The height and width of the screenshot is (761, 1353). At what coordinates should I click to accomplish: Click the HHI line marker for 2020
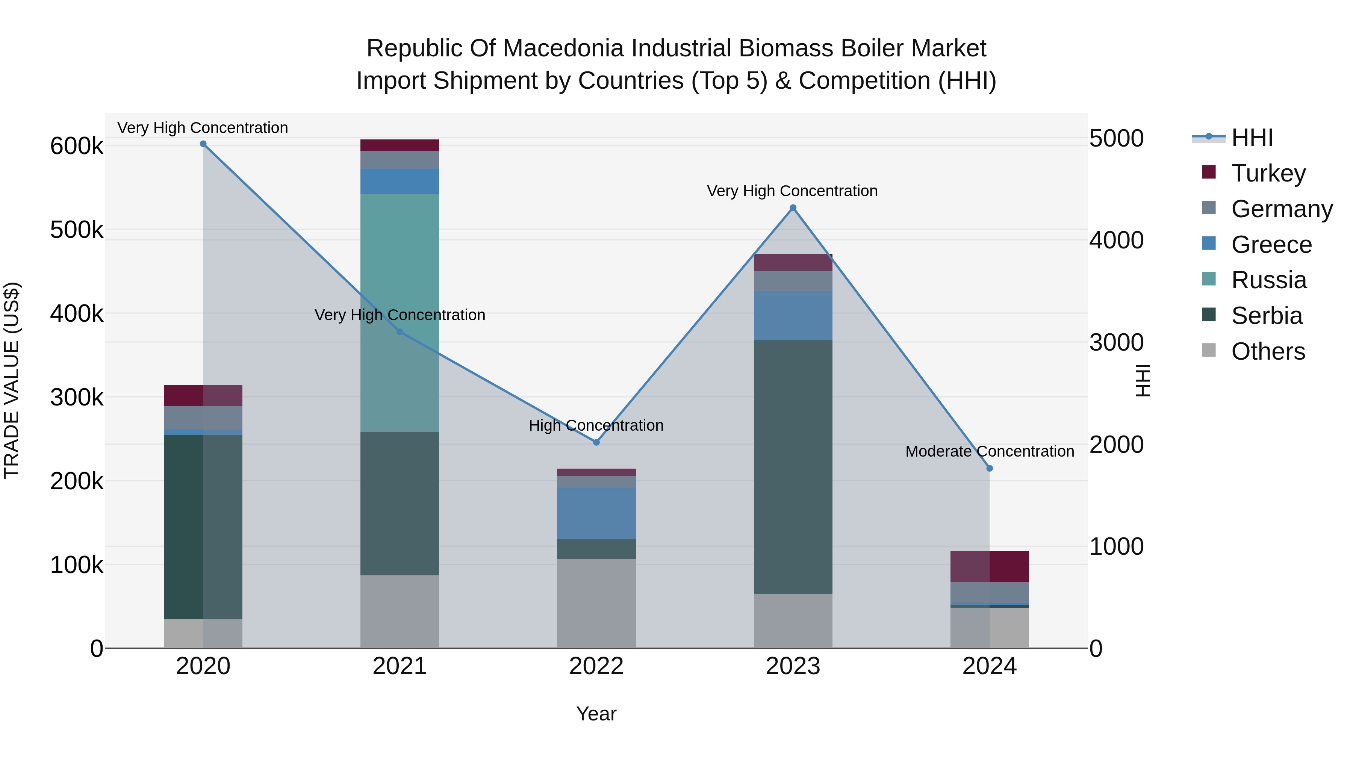[203, 144]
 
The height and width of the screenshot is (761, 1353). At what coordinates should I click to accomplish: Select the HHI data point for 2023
[793, 208]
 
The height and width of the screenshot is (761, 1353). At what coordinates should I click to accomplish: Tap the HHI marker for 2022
[596, 442]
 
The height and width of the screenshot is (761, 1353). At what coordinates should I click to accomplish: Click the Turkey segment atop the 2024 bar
[990, 566]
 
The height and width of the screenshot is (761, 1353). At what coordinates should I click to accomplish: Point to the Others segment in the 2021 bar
[400, 611]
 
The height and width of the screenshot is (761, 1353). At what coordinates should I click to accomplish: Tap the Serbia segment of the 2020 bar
[203, 527]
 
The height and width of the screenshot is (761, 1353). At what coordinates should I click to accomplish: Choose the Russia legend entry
[1268, 280]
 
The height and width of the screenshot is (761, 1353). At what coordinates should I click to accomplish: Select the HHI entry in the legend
[1252, 138]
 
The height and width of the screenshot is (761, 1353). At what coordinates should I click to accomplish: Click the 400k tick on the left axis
[77, 314]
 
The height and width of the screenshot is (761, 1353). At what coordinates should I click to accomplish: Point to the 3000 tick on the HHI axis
[1116, 342]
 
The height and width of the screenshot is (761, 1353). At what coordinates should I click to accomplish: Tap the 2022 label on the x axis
[596, 666]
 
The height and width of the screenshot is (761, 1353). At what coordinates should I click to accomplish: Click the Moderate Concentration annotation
[990, 451]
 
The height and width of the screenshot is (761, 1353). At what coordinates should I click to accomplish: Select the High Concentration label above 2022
[596, 425]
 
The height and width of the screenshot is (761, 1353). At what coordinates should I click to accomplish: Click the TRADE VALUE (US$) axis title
[12, 380]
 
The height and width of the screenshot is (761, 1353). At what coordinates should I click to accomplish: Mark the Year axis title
[596, 714]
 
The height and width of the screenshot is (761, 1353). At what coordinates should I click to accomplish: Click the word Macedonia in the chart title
[557, 48]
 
